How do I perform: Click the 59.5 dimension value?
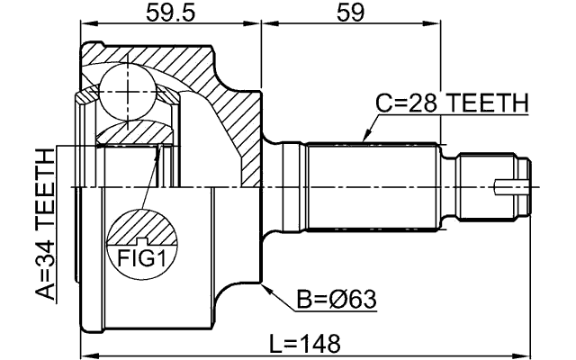click(x=171, y=14)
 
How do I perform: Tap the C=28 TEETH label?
click(x=451, y=104)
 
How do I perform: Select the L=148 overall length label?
click(x=306, y=343)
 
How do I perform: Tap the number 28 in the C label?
click(x=420, y=104)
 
